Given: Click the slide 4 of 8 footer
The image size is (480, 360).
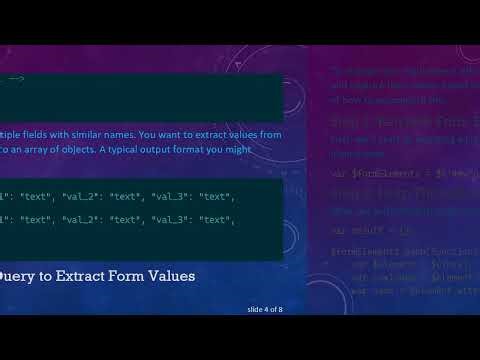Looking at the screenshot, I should point(265,310).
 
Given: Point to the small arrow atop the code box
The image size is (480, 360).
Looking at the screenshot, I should point(15,79).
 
